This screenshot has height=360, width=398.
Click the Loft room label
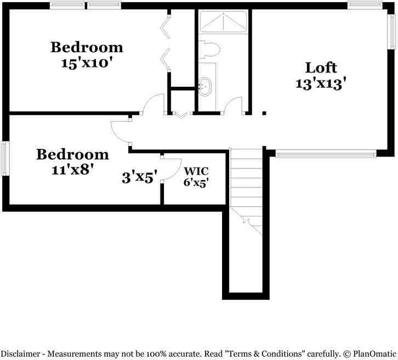(x=321, y=67)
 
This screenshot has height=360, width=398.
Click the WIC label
(x=196, y=170)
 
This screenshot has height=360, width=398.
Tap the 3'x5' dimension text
(x=140, y=177)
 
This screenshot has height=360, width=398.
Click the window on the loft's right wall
(x=391, y=32)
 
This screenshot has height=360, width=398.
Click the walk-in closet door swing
(x=173, y=166)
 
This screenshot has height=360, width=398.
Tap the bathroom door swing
(x=234, y=106)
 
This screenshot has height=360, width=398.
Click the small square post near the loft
(x=264, y=114)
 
